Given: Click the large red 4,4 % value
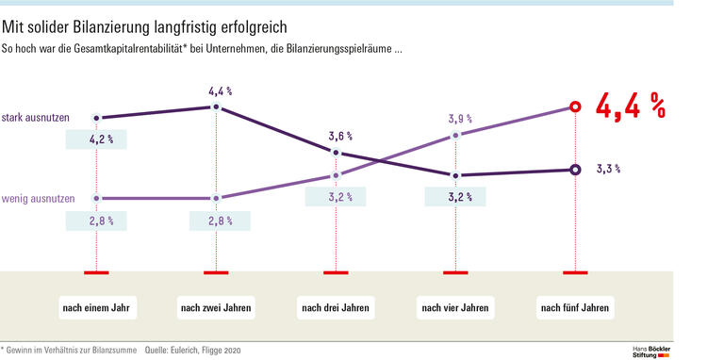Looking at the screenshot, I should [631, 106].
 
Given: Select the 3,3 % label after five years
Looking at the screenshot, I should [609, 170].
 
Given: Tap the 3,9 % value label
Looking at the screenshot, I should [458, 120].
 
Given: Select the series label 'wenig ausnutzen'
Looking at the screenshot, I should [34, 199].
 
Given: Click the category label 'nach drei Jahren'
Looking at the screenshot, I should [336, 308].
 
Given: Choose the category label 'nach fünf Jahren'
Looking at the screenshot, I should [575, 308].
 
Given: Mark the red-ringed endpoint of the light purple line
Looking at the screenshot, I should [575, 107].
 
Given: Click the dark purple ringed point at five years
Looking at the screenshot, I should [575, 170].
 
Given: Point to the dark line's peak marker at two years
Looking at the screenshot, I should [217, 107].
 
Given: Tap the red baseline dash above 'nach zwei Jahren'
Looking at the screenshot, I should [216, 272].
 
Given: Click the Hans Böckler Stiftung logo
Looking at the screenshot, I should [651, 351].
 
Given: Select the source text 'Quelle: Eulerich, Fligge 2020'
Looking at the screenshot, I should [193, 350].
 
